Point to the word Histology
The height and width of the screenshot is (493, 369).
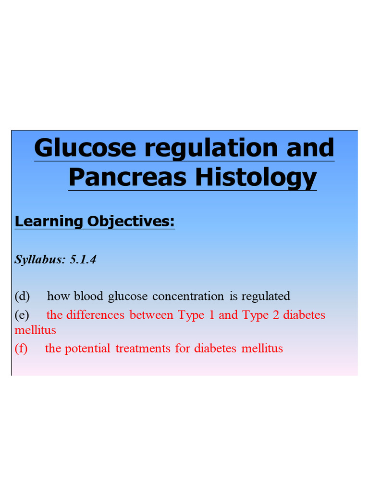pos(256,177)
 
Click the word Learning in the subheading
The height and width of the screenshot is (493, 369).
pos(49,221)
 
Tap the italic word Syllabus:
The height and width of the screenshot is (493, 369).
pos(40,259)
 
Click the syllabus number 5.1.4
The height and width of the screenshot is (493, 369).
pos(83,259)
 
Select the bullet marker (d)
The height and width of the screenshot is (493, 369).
pos(22,296)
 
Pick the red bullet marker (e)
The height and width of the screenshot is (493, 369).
pos(22,315)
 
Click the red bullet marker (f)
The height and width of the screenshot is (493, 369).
pos(21,348)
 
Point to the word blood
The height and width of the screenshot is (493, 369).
pos(88,296)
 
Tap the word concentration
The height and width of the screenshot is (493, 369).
pos(188,296)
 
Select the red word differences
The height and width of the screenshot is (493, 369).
pos(95,315)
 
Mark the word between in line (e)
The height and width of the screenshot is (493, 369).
pos(152,315)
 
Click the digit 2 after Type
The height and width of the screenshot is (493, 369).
pos(275,315)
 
